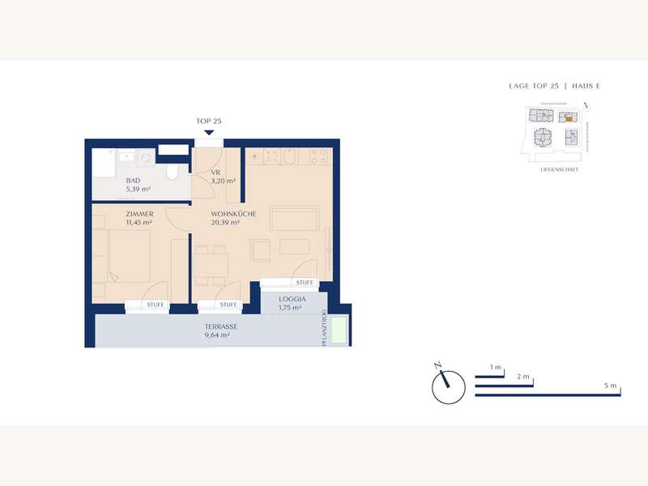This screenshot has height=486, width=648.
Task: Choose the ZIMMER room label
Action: (x=139, y=214)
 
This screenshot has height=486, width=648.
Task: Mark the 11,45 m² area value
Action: (x=140, y=223)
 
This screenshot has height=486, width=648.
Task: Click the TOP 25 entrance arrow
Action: (x=209, y=132)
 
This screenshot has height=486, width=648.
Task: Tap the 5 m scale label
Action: (x=610, y=386)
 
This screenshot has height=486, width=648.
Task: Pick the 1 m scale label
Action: (x=497, y=368)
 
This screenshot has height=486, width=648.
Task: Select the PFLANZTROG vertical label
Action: (x=324, y=328)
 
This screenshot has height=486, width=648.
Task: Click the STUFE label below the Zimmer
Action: (x=155, y=305)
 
